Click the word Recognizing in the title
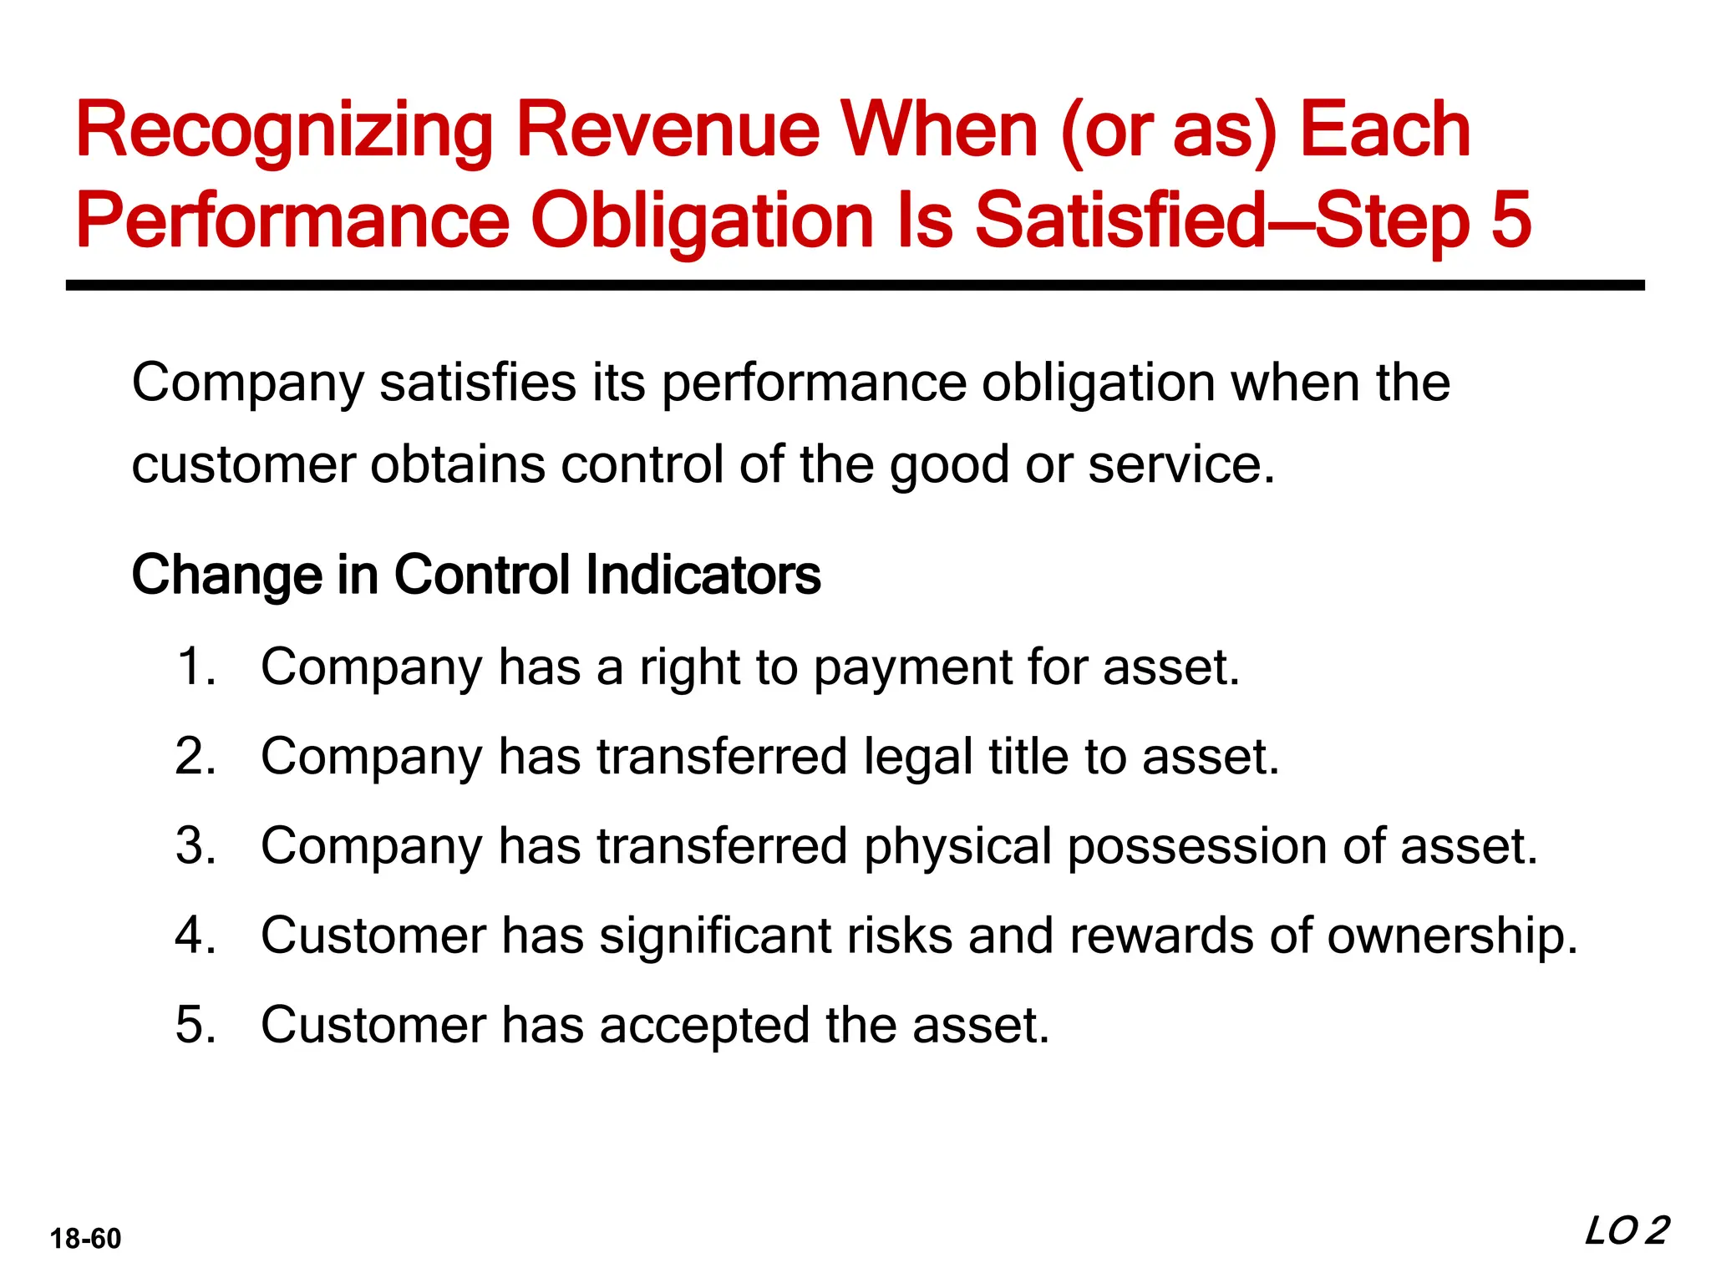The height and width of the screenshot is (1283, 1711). [x=284, y=132]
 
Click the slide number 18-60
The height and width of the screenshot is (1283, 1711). [x=85, y=1239]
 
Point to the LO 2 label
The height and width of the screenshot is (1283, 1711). [x=1626, y=1232]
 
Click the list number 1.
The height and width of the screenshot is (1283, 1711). [x=196, y=667]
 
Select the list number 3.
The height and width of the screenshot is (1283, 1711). [x=196, y=846]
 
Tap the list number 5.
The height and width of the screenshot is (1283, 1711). [x=196, y=1025]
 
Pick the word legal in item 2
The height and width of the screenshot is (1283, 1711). [x=918, y=758]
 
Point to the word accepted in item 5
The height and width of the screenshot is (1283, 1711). [x=703, y=1027]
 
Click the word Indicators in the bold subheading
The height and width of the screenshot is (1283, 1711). [x=703, y=576]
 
